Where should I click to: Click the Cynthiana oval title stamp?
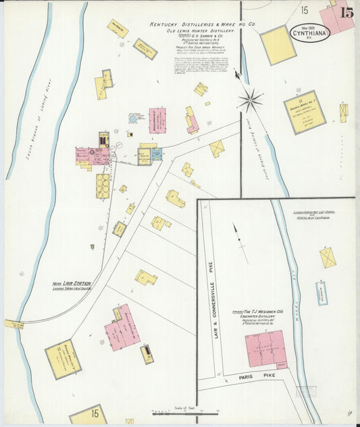(311, 32)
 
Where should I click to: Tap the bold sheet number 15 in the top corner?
(347, 12)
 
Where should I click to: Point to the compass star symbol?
(251, 101)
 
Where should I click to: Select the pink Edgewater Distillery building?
(265, 349)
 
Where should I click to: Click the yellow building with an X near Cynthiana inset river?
(328, 257)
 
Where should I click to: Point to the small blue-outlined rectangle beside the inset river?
(322, 293)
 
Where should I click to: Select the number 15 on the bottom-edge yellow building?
(95, 413)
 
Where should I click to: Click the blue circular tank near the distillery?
(133, 118)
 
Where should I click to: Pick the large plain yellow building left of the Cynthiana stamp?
(278, 45)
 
